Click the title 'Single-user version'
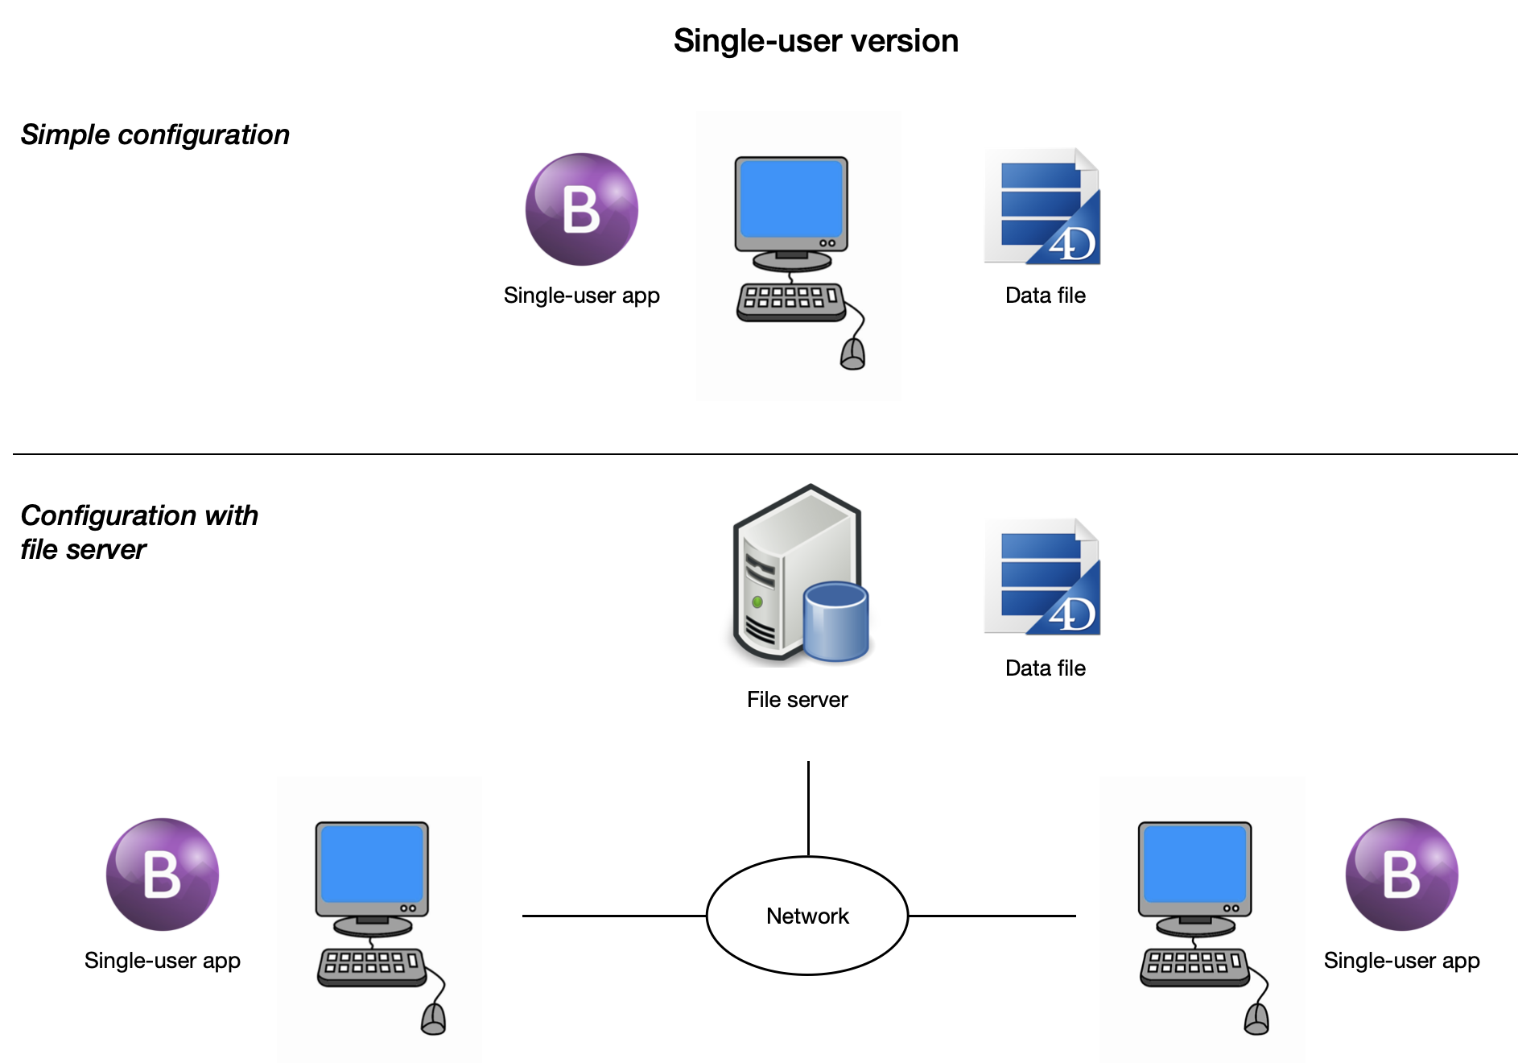[x=815, y=41]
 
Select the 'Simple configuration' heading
[x=155, y=134]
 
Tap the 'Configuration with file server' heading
[x=139, y=532]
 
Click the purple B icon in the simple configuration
[x=581, y=209]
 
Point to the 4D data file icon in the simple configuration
[x=1042, y=206]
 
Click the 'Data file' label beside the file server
[x=1045, y=668]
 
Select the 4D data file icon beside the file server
[x=1042, y=577]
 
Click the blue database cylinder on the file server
[x=836, y=621]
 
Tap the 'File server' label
[x=797, y=699]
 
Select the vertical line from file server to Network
[x=808, y=809]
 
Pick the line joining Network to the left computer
[x=614, y=916]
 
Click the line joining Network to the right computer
[x=992, y=916]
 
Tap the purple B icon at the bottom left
[x=163, y=875]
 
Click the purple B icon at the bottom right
[x=1401, y=875]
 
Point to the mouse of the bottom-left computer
[x=434, y=1019]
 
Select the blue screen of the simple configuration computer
[x=791, y=198]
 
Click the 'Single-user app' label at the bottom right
[x=1401, y=961]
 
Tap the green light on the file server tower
[x=757, y=602]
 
